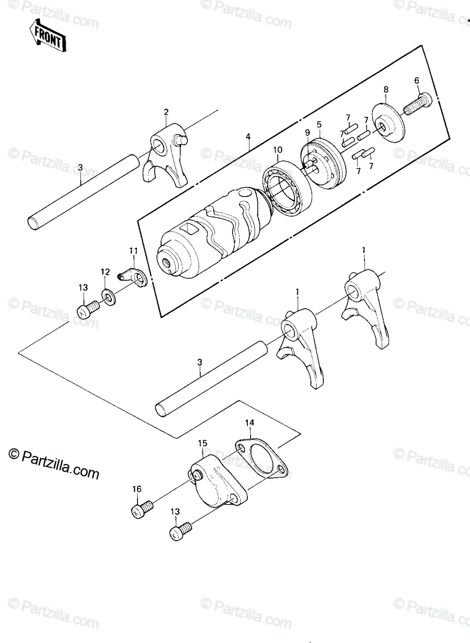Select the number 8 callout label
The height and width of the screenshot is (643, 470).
386,89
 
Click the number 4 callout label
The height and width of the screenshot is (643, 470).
248,136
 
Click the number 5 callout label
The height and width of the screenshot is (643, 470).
319,124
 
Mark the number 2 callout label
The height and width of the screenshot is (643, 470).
166,112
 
